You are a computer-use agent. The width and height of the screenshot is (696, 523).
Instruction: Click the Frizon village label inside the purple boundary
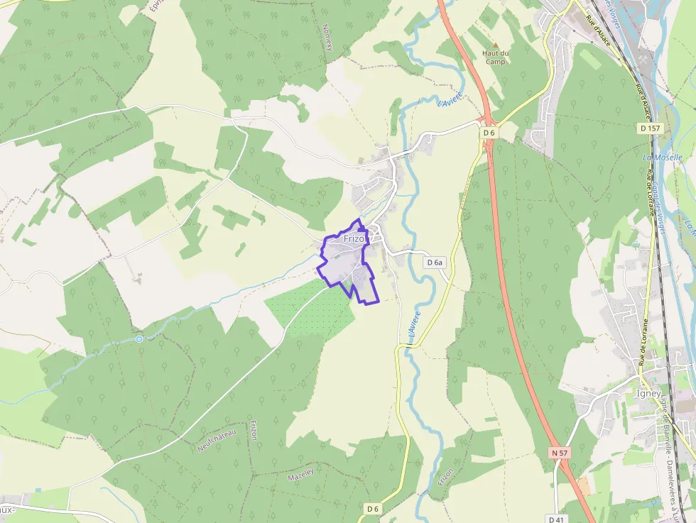[354, 239]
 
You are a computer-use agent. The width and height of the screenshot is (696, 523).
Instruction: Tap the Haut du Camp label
[495, 57]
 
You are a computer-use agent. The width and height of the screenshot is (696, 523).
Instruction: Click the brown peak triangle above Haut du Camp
[495, 45]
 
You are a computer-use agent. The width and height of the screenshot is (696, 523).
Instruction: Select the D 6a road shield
[435, 263]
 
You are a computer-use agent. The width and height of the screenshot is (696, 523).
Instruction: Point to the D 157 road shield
[649, 128]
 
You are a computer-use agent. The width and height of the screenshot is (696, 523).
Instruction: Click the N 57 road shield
[559, 452]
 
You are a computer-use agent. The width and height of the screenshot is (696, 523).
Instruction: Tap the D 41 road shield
[556, 519]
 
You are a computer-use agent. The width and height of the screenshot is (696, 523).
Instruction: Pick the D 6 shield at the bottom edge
[374, 509]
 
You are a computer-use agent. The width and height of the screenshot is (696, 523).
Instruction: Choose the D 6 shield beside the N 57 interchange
[489, 133]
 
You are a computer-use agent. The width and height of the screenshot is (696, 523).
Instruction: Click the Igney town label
[648, 394]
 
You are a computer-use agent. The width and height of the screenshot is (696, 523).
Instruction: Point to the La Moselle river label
[662, 157]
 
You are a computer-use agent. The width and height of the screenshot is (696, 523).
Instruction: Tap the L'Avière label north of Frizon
[450, 101]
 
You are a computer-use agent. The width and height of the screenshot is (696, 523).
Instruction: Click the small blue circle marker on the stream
[139, 339]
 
